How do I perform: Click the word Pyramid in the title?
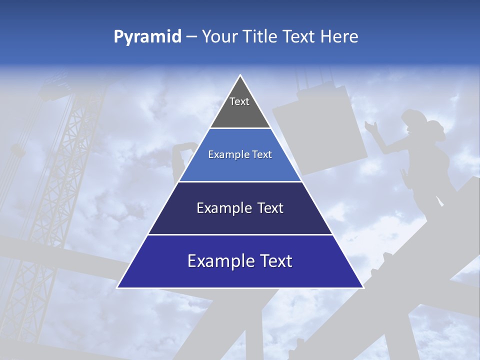147,37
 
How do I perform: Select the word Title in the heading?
260,36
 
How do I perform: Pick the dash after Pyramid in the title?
191,37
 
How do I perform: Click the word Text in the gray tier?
239,101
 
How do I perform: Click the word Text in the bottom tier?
273,261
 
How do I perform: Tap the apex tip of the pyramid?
240,76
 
